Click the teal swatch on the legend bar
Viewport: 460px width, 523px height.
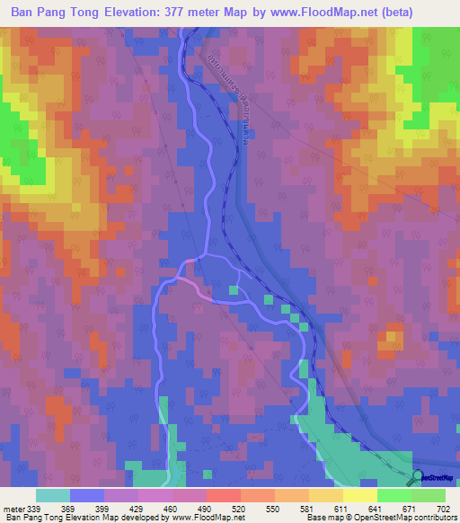pyautogui.click(x=53, y=495)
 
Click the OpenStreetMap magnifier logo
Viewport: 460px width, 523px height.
pyautogui.click(x=418, y=477)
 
